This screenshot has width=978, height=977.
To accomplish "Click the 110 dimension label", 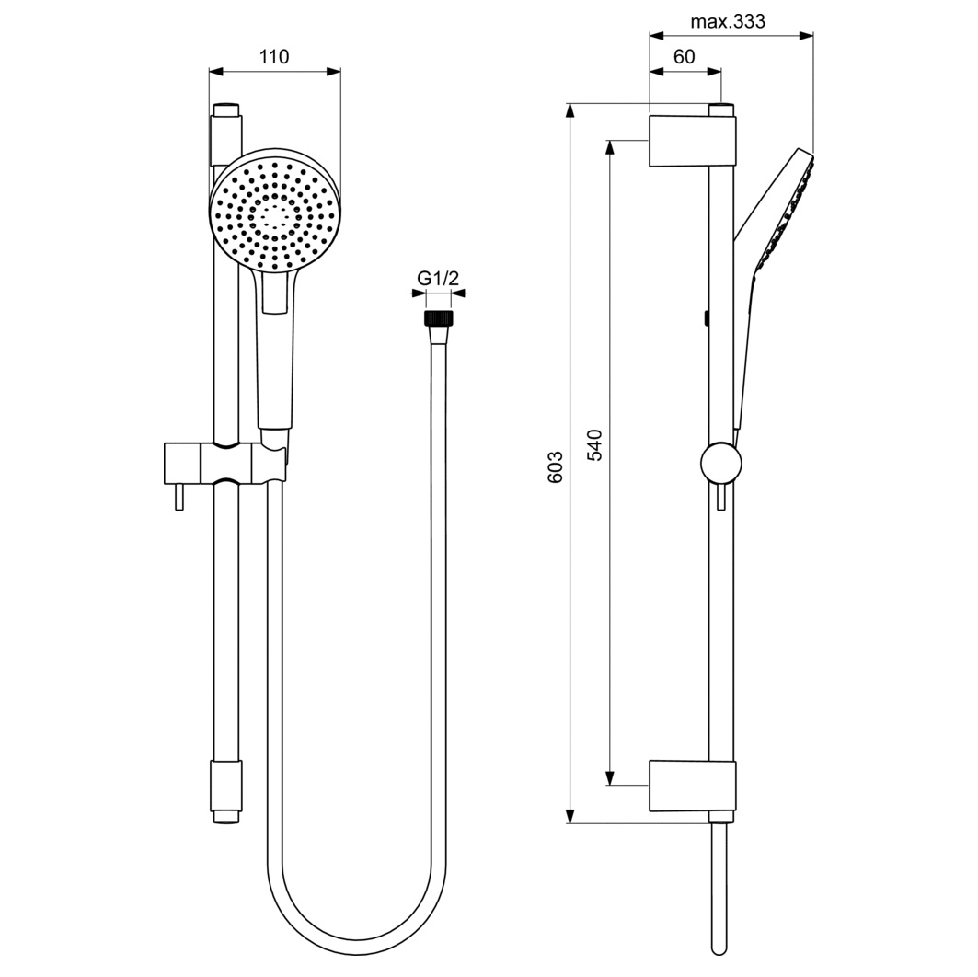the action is click(x=274, y=57).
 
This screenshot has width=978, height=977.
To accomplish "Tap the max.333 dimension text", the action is click(x=727, y=21).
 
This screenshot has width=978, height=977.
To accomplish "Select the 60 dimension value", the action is click(x=685, y=57).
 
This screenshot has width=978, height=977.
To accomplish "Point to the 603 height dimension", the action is click(x=555, y=466).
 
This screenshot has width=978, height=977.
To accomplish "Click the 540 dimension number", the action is click(x=595, y=444).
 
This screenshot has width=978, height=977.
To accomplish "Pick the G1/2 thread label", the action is click(x=438, y=278).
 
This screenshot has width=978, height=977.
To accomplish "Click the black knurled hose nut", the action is click(x=439, y=317).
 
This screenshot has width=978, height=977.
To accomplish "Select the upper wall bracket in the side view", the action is click(x=693, y=141).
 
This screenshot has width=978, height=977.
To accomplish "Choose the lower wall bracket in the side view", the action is click(x=693, y=787).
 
